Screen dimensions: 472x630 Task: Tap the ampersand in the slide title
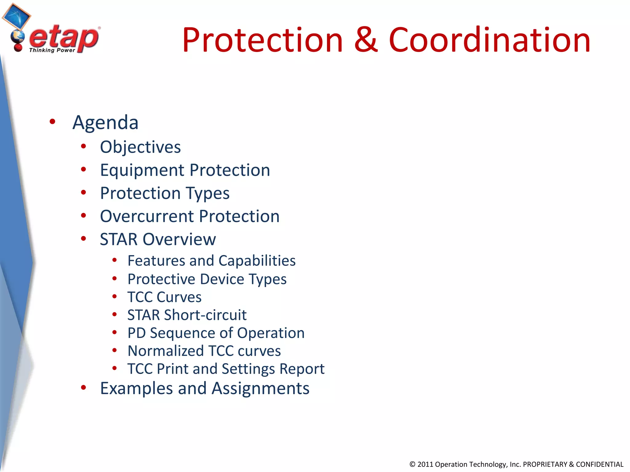tap(365, 40)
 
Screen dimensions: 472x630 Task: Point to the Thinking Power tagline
tap(52, 50)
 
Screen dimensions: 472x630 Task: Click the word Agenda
tap(105, 122)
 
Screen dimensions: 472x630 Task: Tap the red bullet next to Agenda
tap(52, 121)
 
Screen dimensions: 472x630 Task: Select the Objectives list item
tap(140, 147)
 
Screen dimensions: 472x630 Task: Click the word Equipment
tap(142, 170)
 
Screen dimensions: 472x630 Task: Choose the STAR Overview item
tap(158, 239)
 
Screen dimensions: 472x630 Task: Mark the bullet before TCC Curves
tap(114, 297)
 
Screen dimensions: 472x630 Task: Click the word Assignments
tap(260, 388)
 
